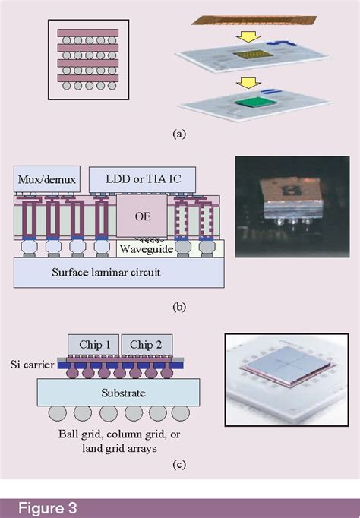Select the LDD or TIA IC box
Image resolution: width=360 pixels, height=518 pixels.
pos(141,181)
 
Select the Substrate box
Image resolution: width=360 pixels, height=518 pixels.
pos(119,393)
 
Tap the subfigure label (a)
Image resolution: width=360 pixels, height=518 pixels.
pos(179,134)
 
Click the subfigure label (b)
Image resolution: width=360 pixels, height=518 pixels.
pos(179,307)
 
